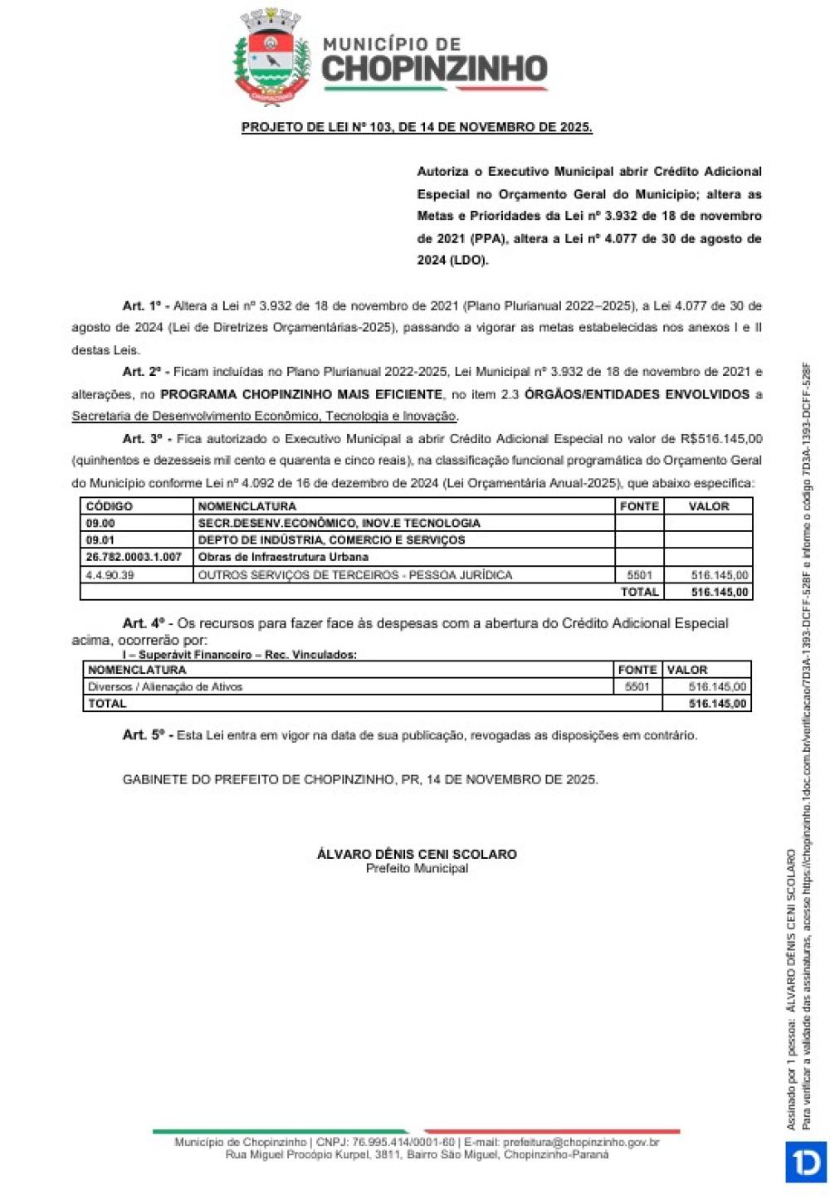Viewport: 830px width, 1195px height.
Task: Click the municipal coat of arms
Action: [x=271, y=56]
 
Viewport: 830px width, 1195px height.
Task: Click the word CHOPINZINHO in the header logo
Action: [x=434, y=70]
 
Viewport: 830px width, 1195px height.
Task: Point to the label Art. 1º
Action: [x=144, y=305]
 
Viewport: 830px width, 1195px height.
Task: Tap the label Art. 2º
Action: [x=144, y=372]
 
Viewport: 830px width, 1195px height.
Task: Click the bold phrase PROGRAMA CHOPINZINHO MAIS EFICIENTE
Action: [x=301, y=394]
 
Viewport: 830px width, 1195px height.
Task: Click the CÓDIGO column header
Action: [x=110, y=506]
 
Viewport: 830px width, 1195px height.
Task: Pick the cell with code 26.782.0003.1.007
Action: [x=134, y=557]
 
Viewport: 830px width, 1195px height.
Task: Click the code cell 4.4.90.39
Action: [x=110, y=574]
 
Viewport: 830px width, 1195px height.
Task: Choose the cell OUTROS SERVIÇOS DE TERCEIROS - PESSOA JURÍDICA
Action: [x=355, y=574]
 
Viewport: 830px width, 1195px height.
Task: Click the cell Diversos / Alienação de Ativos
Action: [x=165, y=686]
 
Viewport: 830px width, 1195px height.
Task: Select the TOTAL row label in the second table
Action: [x=107, y=704]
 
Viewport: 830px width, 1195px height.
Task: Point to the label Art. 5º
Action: [x=146, y=735]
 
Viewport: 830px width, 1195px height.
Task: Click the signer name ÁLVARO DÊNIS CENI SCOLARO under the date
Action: [x=417, y=854]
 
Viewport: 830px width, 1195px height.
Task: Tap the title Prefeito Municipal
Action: [x=417, y=868]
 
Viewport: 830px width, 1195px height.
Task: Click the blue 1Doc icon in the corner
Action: [x=805, y=1161]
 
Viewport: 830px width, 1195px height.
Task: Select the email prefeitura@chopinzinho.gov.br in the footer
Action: [x=581, y=1143]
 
